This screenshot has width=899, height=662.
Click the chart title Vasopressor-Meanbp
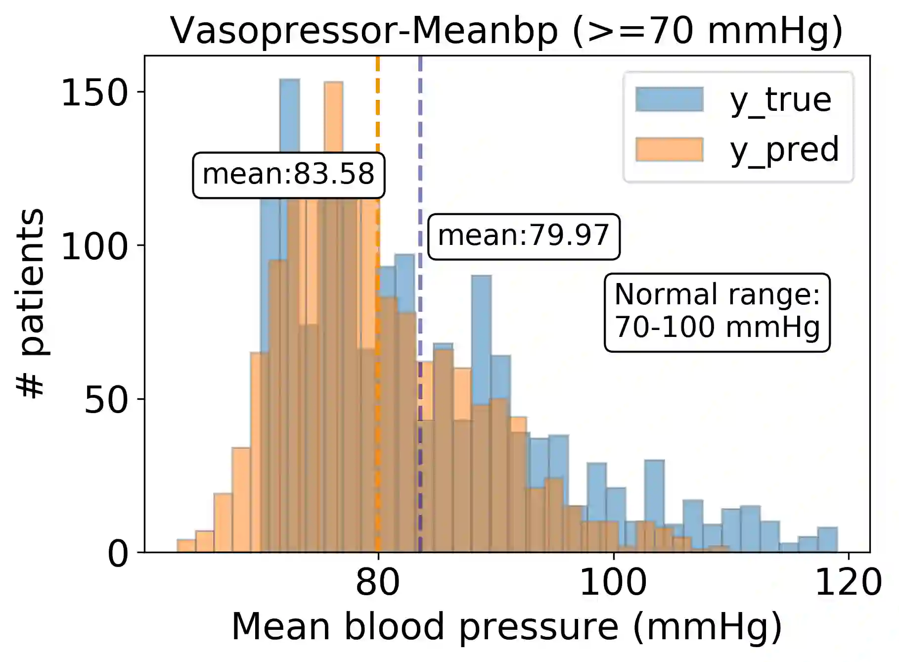click(x=506, y=31)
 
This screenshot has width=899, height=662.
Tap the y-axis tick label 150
click(x=94, y=93)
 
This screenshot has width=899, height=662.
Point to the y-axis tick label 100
click(x=94, y=246)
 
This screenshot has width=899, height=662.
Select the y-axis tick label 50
click(x=106, y=400)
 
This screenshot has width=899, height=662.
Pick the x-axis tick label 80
click(x=377, y=583)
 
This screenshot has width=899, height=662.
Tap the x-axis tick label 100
click(x=613, y=583)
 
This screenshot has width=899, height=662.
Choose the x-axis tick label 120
click(x=848, y=583)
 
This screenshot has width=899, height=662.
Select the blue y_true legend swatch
click(x=669, y=99)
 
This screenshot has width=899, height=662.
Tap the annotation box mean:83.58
click(x=288, y=175)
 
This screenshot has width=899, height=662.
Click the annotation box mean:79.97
click(x=523, y=236)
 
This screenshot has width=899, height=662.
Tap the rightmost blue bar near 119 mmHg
click(x=827, y=540)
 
